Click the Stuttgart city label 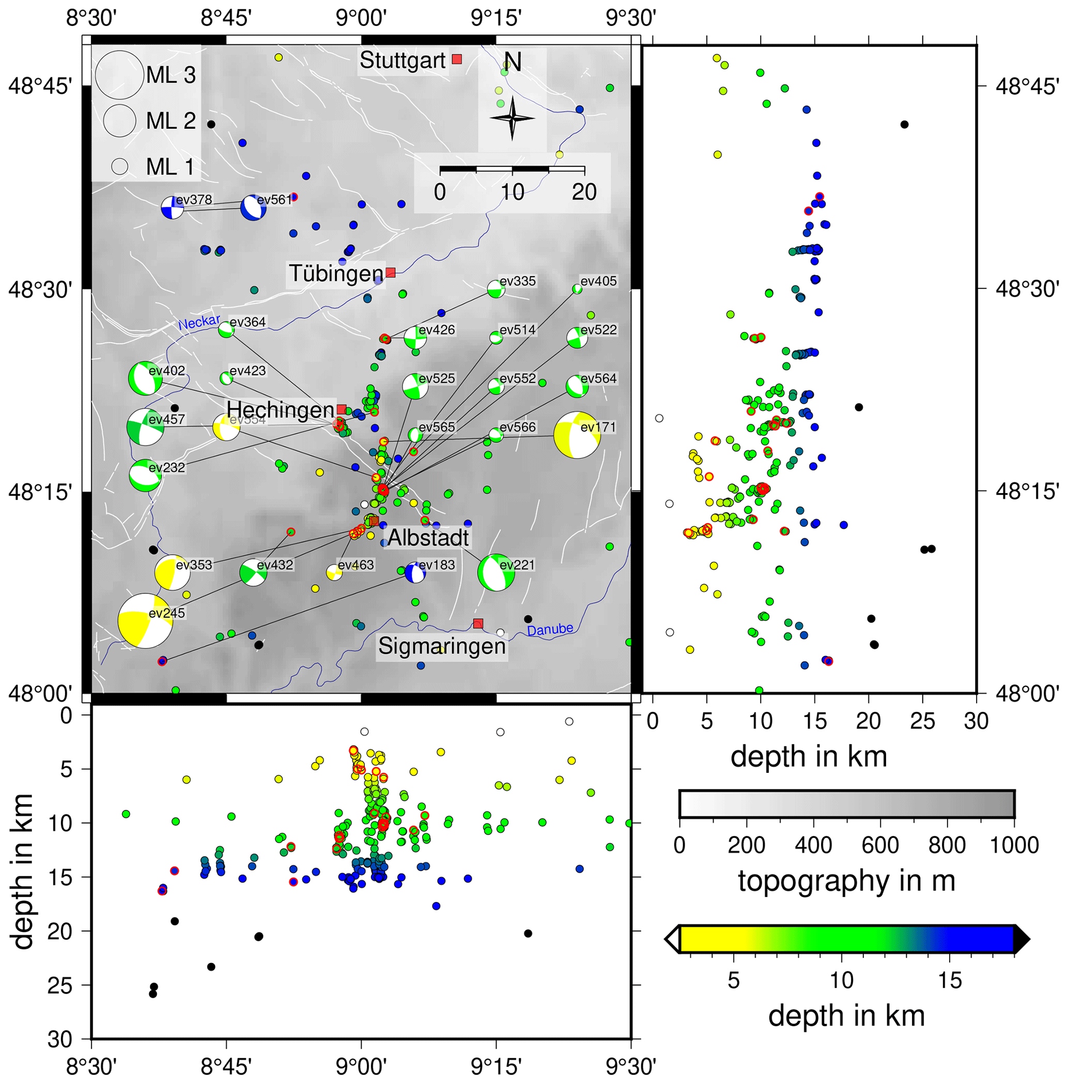tap(402, 60)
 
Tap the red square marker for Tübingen tap(391, 273)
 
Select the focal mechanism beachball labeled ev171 tap(577, 435)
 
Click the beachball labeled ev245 tap(145, 621)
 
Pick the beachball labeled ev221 tap(496, 572)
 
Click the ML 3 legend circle tap(119, 74)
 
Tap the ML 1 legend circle tap(119, 166)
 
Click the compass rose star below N tap(512, 118)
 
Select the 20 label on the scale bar tap(584, 192)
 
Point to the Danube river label tap(550, 630)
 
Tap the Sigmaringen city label tap(442, 646)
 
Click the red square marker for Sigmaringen tap(478, 623)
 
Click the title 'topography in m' tap(846, 881)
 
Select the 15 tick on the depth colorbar tap(950, 981)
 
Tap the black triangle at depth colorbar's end tap(1022, 939)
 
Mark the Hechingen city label tap(281, 410)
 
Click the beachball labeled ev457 tap(145, 427)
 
